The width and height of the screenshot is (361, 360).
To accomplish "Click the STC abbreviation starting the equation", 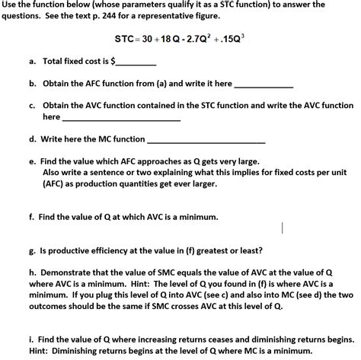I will tap(124, 37).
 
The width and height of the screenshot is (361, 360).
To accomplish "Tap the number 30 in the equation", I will tap(149, 37).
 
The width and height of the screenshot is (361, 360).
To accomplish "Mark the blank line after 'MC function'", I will tap(206, 142).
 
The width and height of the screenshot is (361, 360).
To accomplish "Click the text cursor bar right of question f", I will tap(283, 227).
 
